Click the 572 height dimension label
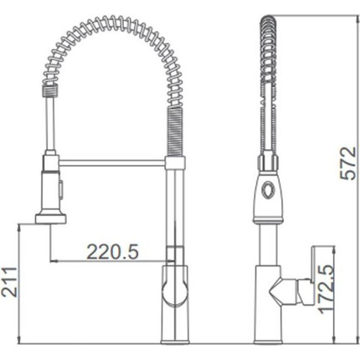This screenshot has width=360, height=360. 348,163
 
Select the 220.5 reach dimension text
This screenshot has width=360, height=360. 113,251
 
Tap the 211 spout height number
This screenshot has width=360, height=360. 8,282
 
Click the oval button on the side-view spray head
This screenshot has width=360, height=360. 268,190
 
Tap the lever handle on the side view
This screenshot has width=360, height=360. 311,275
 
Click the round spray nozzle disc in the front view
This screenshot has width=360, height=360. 51,219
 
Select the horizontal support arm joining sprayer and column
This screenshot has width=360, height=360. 112,163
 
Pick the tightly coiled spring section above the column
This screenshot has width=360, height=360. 175,131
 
